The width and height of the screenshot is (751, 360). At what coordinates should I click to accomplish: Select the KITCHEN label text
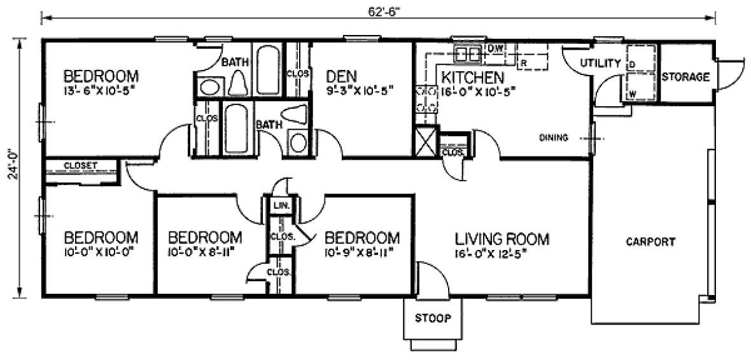pos(473,78)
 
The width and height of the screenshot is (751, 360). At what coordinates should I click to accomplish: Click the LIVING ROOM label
pos(502,239)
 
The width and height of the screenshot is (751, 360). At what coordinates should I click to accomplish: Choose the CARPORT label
pos(650,242)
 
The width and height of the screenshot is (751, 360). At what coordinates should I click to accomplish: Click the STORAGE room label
pos(685,78)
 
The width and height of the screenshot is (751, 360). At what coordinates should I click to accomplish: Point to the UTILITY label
pos(600,63)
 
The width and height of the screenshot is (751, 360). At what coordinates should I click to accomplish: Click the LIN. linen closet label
pos(279,206)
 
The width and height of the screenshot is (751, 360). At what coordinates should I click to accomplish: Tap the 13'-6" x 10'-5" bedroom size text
pos(101,90)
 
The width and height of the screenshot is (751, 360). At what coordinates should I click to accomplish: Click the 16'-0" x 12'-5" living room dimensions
pos(491,253)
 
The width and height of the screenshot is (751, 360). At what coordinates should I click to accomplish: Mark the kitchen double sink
pos(468,55)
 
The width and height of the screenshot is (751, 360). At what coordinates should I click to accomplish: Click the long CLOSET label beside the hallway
pos(81,166)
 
